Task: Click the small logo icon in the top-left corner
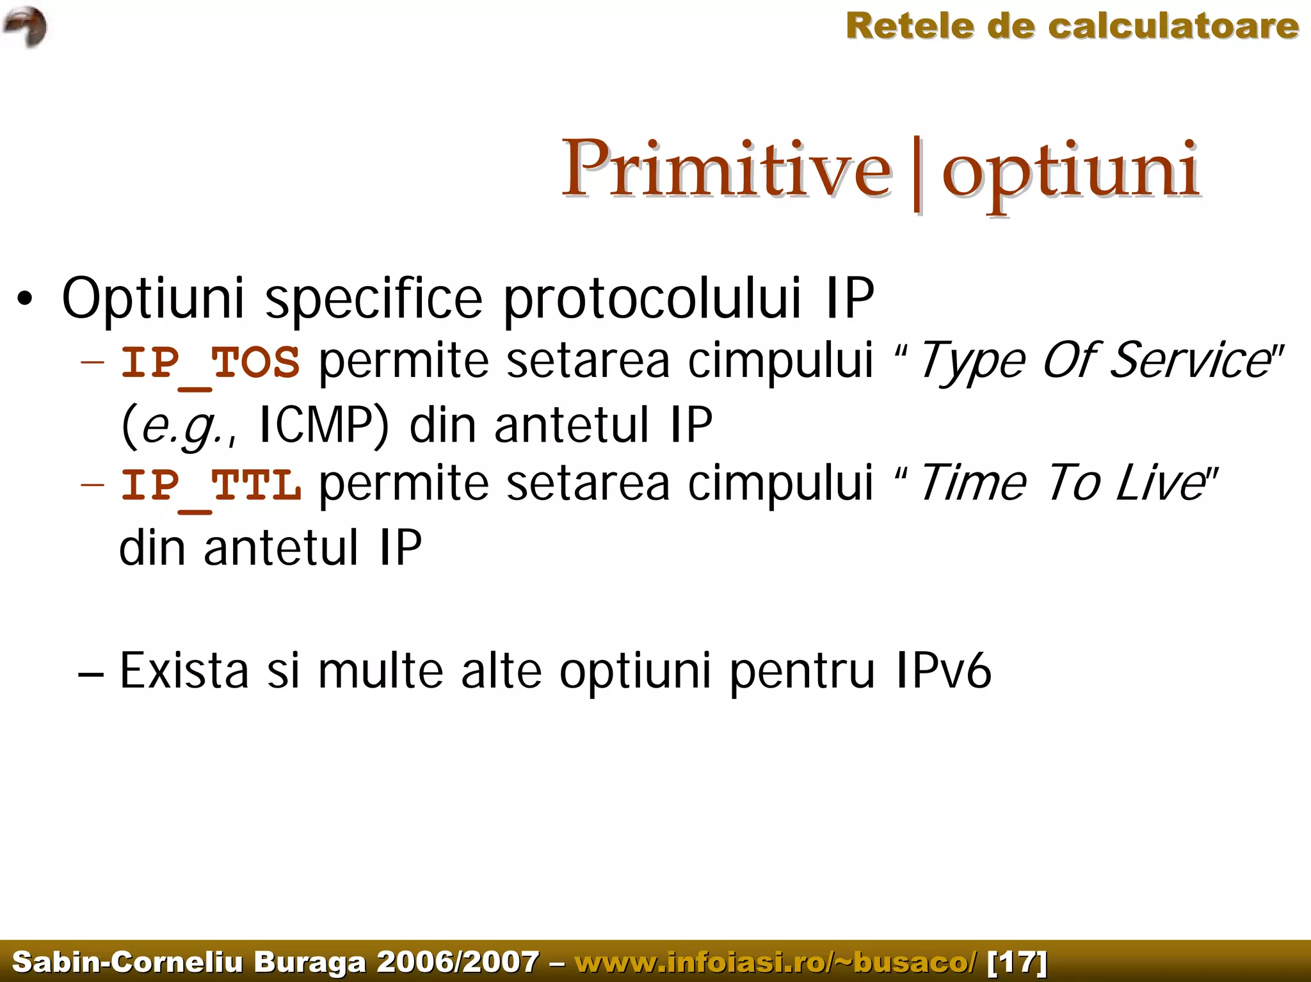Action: tap(26, 26)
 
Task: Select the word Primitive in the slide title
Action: tap(727, 169)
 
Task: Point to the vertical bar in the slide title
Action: tap(917, 173)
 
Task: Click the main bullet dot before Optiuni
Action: tap(24, 299)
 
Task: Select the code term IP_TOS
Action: tap(211, 362)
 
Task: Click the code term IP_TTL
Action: tap(211, 485)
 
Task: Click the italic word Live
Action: tap(1159, 483)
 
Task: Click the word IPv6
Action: tap(943, 670)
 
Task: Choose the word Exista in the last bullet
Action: tap(184, 670)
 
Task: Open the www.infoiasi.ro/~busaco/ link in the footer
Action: tap(776, 962)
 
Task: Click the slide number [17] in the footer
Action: tap(1017, 962)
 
